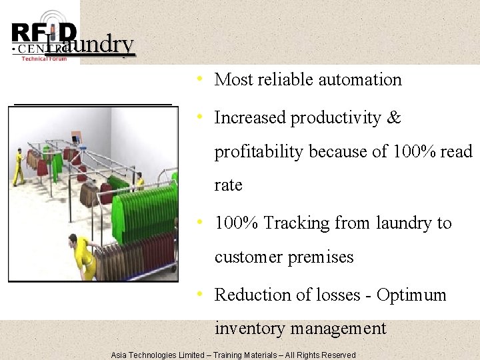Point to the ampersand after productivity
(393, 118)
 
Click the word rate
(228, 185)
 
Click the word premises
(323, 257)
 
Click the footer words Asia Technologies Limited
(159, 355)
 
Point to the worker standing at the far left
(19, 167)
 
